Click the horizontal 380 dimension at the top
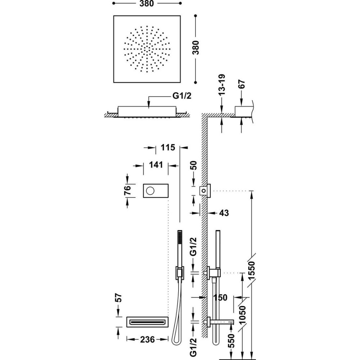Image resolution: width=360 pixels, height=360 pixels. pos(147,4)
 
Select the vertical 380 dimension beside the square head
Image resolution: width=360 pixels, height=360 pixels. pos(195,48)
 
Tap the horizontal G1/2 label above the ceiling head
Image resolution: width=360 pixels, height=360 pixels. pos(182,95)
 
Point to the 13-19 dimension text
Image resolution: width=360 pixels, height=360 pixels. pos(222,85)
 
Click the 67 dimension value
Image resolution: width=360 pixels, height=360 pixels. pos(242,85)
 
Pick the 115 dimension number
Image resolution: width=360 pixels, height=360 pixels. pos(168,147)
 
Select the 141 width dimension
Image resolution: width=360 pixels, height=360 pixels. pos(156,165)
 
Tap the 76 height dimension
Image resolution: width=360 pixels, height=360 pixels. pos(127,190)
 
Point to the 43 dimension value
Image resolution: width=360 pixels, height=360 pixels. pos(224,213)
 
